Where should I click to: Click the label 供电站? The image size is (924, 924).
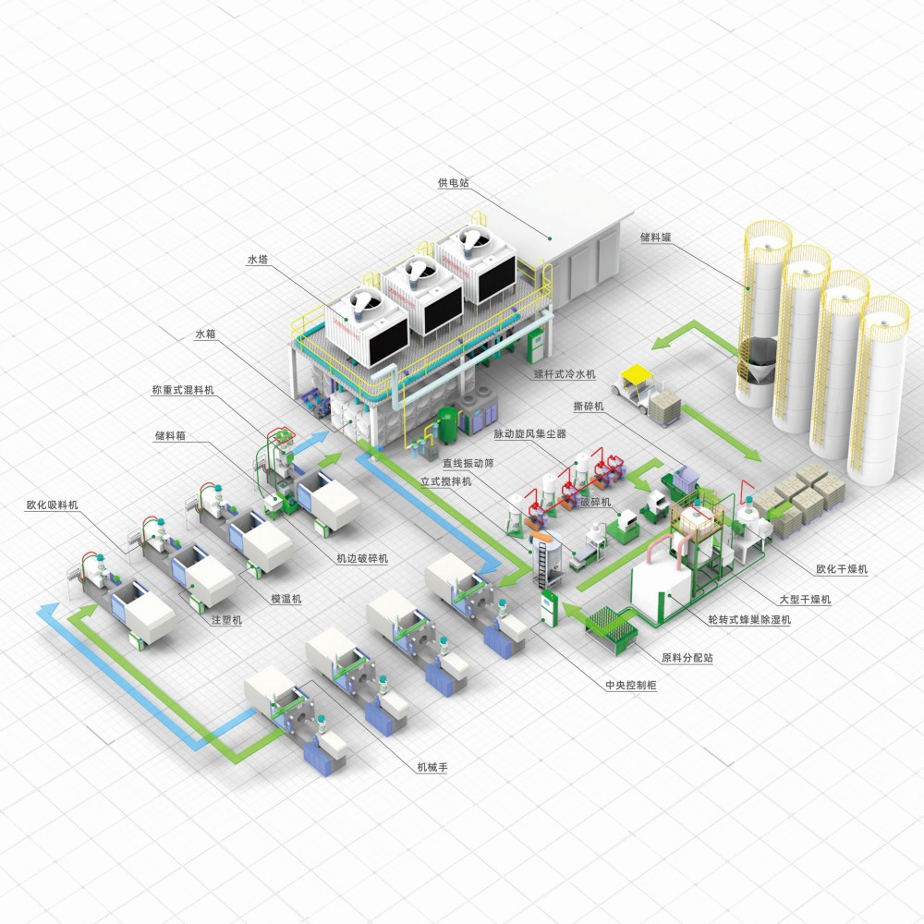pyautogui.click(x=453, y=183)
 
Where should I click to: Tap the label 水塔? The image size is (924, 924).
pyautogui.click(x=258, y=260)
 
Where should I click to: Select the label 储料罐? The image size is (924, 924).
pyautogui.click(x=656, y=237)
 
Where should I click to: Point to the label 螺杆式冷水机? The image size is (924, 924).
pyautogui.click(x=565, y=373)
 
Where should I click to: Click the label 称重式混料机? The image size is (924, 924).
pyautogui.click(x=183, y=390)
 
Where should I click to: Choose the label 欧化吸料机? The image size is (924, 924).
pyautogui.click(x=52, y=505)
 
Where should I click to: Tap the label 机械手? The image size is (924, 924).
pyautogui.click(x=432, y=767)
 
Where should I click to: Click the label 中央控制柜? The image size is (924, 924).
pyautogui.click(x=631, y=686)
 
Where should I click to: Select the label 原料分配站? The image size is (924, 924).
pyautogui.click(x=687, y=658)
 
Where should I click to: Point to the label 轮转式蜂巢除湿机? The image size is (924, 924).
pyautogui.click(x=749, y=619)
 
